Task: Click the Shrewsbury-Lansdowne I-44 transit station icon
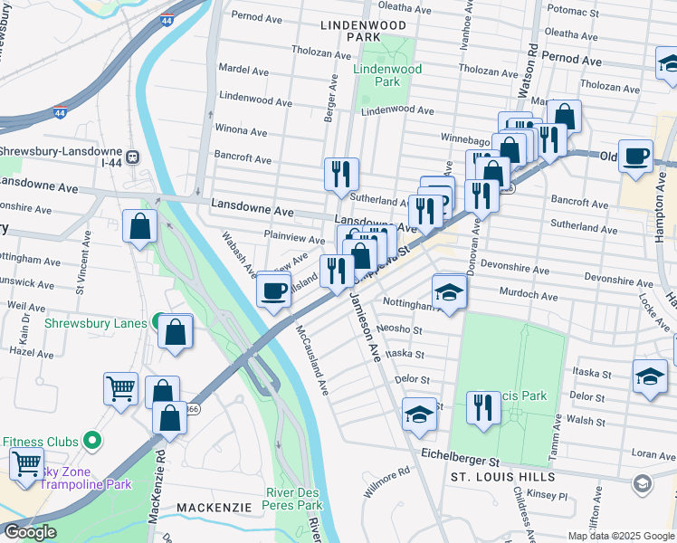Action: [x=133, y=157]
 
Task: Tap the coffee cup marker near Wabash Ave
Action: [x=273, y=291]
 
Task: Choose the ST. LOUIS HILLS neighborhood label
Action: [x=498, y=475]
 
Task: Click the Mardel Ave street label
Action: [x=245, y=68]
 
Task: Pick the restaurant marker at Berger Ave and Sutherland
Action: [x=341, y=173]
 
